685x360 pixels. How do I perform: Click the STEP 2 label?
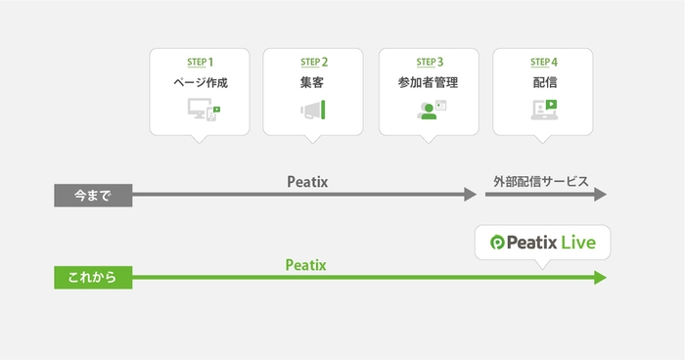313,63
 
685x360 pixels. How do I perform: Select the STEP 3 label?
430,63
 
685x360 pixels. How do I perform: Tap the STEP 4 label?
543,63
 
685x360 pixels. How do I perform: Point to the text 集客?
313,84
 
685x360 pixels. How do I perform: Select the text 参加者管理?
430,84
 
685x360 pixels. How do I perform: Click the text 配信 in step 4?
543,84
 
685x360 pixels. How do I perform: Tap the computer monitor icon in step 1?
199,112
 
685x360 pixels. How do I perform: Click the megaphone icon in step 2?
313,111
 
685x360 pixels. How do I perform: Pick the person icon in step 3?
428,111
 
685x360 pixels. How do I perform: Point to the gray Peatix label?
306,181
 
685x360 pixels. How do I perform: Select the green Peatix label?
306,264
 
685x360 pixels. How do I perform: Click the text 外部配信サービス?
541,181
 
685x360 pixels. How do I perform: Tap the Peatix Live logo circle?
496,242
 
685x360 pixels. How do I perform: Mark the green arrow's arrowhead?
600,278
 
